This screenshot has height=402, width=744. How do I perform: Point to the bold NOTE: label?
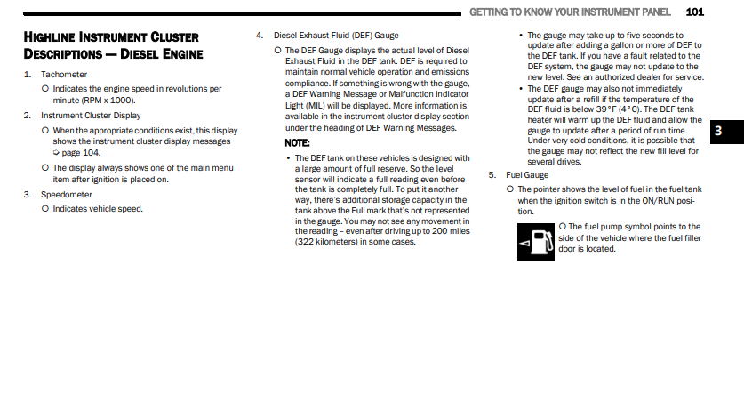click(x=297, y=143)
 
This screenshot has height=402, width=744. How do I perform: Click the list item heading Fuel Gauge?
click(x=526, y=175)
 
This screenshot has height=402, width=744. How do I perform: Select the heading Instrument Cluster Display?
click(x=91, y=116)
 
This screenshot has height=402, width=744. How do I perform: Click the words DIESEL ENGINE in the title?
click(x=162, y=54)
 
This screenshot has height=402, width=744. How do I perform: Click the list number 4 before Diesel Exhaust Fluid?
click(x=259, y=36)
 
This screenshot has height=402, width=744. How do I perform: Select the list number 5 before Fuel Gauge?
click(x=492, y=175)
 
